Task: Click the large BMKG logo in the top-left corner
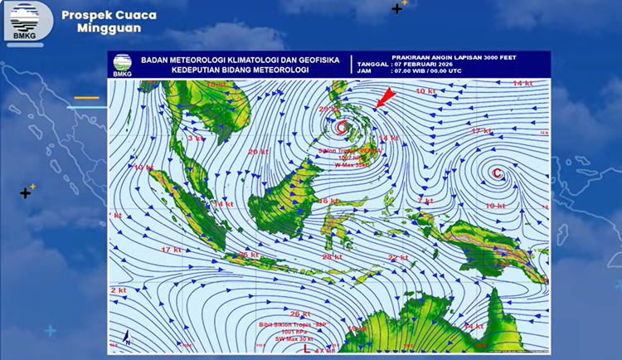pos(25,22)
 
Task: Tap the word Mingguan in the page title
pos(109,28)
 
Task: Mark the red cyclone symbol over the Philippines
pos(342,127)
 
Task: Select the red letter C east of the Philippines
pos(497,173)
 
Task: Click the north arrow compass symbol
pos(127,338)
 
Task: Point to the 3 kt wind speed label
pos(196,139)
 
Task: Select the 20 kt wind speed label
pos(258,152)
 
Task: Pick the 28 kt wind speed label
pos(332,257)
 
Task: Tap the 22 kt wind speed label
pos(398,258)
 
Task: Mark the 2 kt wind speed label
pos(118,291)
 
